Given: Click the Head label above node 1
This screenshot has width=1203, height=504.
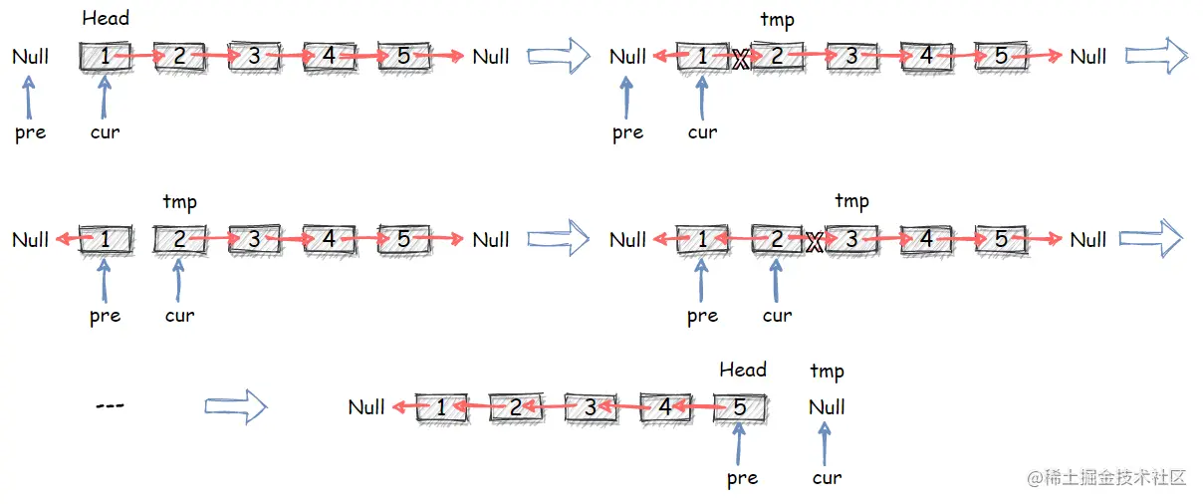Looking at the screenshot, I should point(106,18).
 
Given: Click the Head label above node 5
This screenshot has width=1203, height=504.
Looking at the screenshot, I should point(743,370).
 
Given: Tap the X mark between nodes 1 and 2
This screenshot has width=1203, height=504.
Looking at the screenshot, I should point(740,59).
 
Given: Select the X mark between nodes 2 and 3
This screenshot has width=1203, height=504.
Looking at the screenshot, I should point(815,241).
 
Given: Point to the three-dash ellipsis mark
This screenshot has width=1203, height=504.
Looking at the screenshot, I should point(110,405).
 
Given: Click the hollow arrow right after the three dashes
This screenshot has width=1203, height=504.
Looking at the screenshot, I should point(236,405).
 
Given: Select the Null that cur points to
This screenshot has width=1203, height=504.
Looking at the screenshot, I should point(827,406).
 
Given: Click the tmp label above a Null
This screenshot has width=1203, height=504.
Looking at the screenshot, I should point(827,372).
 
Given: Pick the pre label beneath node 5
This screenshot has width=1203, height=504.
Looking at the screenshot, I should point(742,478).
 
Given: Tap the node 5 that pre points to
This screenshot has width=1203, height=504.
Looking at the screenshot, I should point(740,406).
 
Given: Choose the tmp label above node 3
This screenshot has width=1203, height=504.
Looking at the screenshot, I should point(851,201).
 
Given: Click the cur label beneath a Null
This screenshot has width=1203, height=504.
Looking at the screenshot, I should point(827,478).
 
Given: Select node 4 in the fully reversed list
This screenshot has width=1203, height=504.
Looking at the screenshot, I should point(665,406).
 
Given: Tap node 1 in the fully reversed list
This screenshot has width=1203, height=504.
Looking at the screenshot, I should point(441,406).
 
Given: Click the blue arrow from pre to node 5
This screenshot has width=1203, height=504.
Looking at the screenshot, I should point(739,443).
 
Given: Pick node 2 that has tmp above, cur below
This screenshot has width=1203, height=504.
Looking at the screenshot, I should point(179,239).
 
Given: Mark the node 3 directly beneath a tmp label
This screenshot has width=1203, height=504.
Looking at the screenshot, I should point(851,239).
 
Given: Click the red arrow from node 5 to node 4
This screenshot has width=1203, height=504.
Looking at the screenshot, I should point(703,406).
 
